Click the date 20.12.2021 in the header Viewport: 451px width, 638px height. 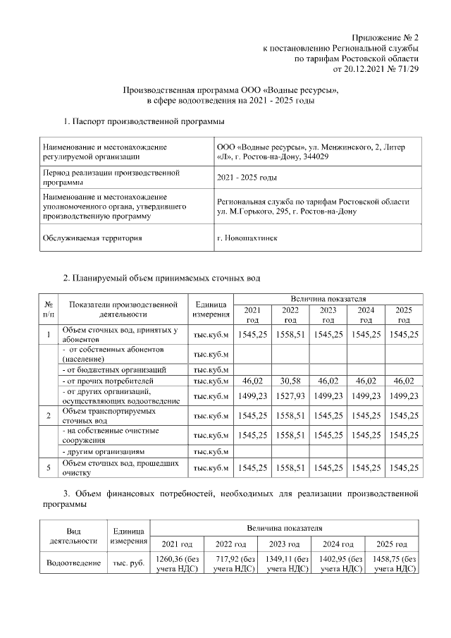tap(366, 69)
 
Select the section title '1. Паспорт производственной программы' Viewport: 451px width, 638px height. tap(139, 123)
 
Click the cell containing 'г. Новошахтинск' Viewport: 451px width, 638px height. tap(247, 238)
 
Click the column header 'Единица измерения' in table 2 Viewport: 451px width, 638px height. tap(211, 309)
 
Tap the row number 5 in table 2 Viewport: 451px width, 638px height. tap(48, 467)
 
